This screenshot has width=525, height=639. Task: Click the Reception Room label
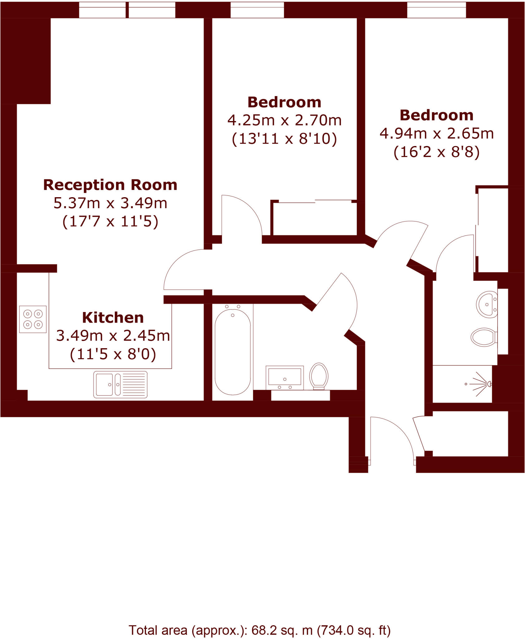pyautogui.click(x=110, y=185)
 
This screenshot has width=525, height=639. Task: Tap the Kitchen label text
pyautogui.click(x=113, y=318)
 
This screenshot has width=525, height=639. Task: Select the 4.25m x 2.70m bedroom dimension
pyautogui.click(x=284, y=120)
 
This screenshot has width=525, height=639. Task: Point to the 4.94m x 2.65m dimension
pyautogui.click(x=436, y=134)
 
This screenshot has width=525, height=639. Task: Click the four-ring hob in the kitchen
pyautogui.click(x=33, y=319)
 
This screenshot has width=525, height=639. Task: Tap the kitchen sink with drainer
pyautogui.click(x=120, y=384)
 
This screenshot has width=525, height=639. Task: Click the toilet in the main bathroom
pyautogui.click(x=318, y=376)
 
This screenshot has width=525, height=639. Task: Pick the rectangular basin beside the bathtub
pyautogui.click(x=284, y=377)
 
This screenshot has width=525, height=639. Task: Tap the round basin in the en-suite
pyautogui.click(x=487, y=304)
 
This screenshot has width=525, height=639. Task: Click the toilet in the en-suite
pyautogui.click(x=484, y=337)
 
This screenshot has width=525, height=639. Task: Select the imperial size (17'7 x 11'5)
pyautogui.click(x=110, y=222)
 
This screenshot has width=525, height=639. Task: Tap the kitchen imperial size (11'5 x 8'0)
pyautogui.click(x=113, y=354)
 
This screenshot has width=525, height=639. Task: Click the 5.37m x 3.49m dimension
pyautogui.click(x=110, y=203)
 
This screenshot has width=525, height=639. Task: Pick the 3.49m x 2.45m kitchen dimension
pyautogui.click(x=113, y=336)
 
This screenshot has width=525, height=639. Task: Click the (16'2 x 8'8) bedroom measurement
pyautogui.click(x=436, y=152)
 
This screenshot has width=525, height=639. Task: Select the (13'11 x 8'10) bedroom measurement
pyautogui.click(x=284, y=139)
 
